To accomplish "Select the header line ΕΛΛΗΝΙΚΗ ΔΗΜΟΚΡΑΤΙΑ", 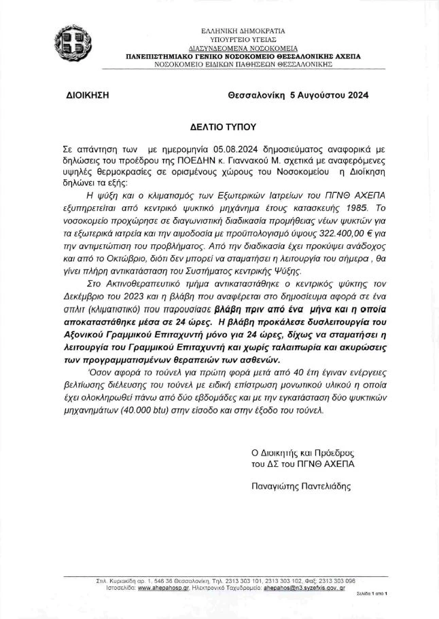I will (243, 31).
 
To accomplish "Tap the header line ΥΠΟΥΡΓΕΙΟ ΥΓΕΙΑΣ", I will (243, 40).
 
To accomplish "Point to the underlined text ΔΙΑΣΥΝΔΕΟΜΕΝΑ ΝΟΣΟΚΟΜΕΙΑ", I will (243, 49).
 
